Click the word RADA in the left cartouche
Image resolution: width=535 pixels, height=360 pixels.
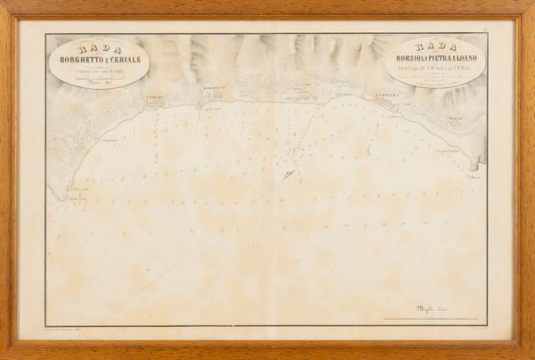click(96, 50)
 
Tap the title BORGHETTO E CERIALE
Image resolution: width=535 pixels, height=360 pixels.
click(96, 60)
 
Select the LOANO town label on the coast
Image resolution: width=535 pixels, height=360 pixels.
click(303, 88)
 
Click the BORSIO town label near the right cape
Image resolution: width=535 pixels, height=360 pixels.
click(456, 117)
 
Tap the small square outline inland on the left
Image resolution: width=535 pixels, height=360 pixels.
click(55, 115)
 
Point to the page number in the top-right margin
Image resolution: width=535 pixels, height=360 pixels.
click(507, 29)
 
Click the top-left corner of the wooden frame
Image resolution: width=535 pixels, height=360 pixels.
click(4, 4)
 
